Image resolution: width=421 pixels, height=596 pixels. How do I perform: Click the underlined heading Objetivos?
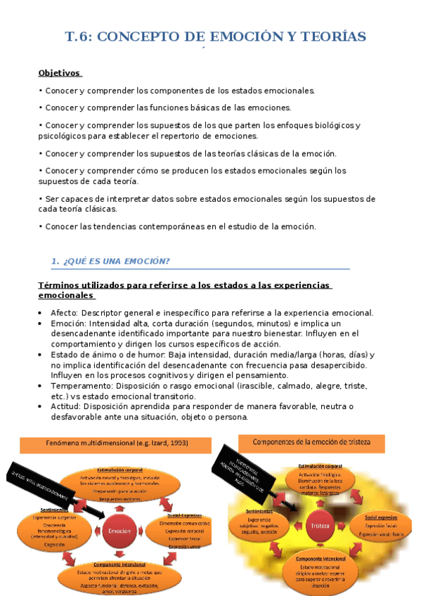[60, 72]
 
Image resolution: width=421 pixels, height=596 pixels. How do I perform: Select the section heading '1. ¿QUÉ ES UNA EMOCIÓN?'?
[110, 261]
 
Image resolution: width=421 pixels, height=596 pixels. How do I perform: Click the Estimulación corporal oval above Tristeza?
[320, 479]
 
